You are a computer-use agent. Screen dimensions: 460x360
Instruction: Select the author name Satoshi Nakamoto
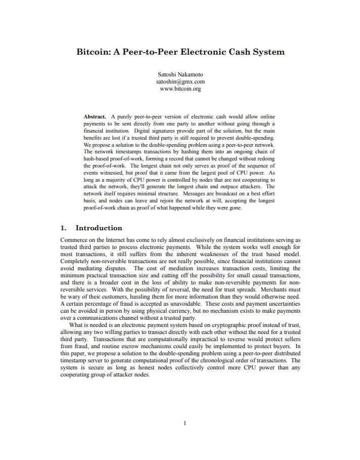[180, 74]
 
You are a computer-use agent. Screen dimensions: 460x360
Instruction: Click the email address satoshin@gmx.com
[180, 81]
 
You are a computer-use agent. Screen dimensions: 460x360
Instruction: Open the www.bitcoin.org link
[180, 89]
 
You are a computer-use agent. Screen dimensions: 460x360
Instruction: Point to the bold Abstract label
[95, 116]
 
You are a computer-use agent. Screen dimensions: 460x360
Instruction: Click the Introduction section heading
[99, 228]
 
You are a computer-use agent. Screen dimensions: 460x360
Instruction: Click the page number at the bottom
[185, 423]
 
